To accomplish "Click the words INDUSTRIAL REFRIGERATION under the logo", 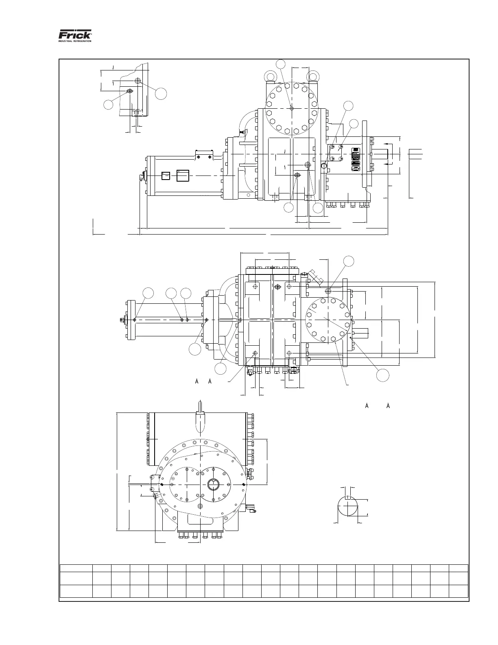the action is coord(75,41).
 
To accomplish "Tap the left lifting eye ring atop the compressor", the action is coord(271,76).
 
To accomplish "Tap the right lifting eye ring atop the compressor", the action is coord(312,76).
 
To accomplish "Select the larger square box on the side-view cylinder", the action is coord(183,176).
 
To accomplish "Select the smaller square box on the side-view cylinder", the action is coord(166,176).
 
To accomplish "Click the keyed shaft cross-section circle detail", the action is coord(348,506).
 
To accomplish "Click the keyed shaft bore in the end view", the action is coord(213,484).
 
